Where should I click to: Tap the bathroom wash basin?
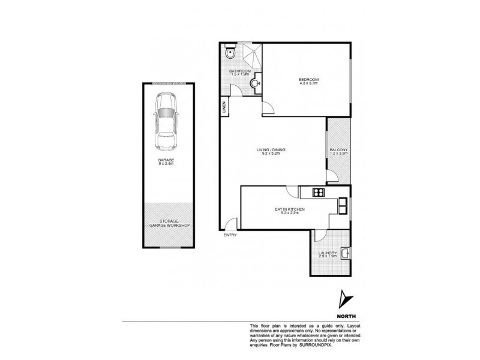[257, 83]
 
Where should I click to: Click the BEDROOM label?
[309, 79]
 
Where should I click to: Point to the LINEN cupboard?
[224, 108]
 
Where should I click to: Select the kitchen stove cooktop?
[318, 193]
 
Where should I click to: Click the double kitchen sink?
[343, 206]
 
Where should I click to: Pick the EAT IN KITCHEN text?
[290, 209]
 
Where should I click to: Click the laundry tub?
[345, 253]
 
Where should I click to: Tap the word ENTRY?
[230, 235]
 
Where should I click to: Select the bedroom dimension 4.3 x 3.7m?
[309, 83]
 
